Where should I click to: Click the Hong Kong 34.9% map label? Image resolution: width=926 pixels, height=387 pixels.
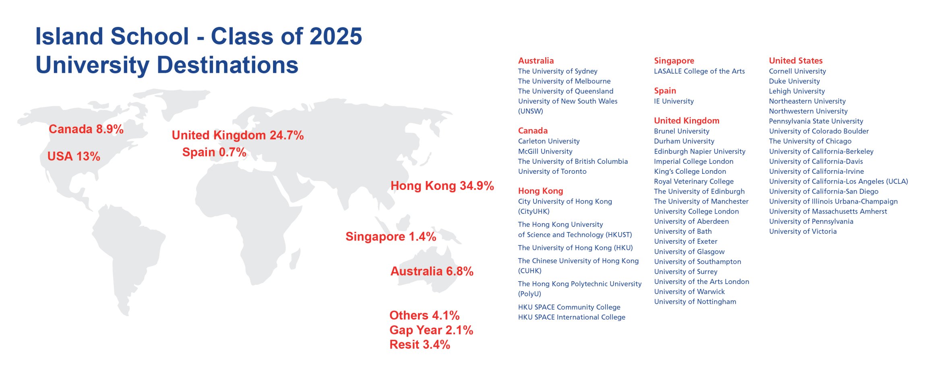(442, 186)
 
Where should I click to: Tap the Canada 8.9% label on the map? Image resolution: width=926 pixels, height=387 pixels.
(86, 129)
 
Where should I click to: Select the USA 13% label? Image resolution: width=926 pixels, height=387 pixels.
(74, 156)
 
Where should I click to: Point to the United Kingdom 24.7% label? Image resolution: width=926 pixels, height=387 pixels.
(238, 135)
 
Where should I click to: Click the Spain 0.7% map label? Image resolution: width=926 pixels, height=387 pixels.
(214, 152)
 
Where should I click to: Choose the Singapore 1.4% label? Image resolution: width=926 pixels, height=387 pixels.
(391, 237)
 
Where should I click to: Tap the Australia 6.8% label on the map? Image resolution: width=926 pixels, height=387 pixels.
(432, 271)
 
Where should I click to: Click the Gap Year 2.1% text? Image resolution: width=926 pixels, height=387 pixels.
(431, 330)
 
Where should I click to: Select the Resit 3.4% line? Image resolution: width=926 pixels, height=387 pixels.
(420, 345)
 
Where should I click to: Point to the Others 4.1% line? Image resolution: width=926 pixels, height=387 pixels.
(424, 315)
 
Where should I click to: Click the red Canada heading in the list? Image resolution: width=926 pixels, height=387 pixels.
(533, 131)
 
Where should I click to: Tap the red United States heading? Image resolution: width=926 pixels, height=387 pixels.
(796, 61)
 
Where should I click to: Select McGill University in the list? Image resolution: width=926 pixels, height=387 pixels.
(545, 151)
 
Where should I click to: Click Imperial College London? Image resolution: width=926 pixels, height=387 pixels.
(693, 161)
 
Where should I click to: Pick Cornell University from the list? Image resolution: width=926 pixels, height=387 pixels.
(797, 71)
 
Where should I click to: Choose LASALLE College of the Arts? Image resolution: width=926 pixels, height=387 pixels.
(699, 71)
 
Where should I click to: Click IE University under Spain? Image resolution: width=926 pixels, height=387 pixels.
(674, 101)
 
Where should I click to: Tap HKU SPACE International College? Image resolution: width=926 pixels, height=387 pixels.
(571, 317)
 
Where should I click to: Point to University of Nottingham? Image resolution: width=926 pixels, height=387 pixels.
(695, 302)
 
